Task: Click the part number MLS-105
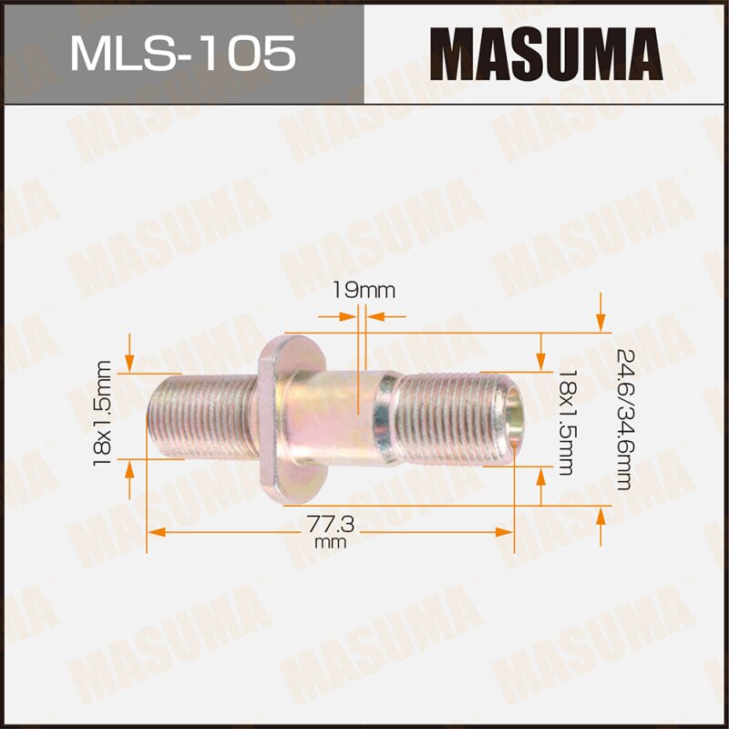(x=182, y=52)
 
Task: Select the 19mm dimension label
(x=363, y=291)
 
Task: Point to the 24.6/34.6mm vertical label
(x=623, y=418)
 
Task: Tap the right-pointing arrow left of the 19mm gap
(x=346, y=316)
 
